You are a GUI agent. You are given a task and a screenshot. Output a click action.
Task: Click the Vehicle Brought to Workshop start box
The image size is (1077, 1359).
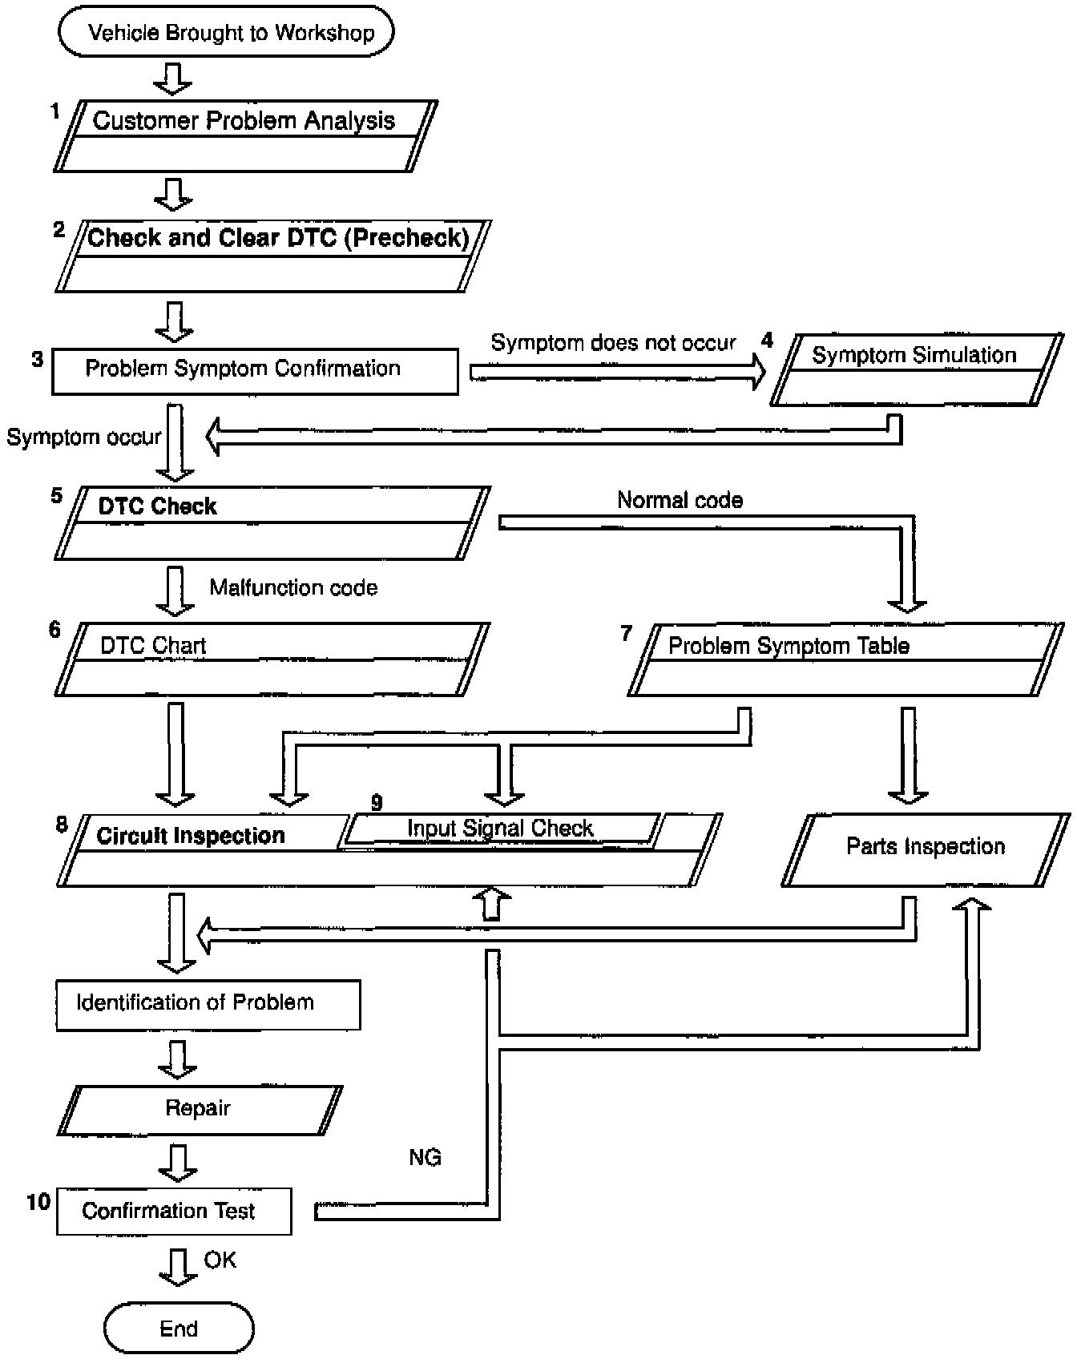click(x=227, y=33)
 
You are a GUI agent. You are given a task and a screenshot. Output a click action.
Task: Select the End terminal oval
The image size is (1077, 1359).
click(x=179, y=1329)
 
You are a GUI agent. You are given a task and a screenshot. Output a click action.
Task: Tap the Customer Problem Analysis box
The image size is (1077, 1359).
click(x=244, y=135)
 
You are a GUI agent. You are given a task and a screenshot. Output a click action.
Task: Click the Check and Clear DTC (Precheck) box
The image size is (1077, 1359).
click(x=272, y=256)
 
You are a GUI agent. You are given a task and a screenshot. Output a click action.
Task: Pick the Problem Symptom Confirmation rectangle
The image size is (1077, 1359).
click(x=255, y=370)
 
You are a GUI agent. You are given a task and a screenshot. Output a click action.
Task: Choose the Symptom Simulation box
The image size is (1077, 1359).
click(x=916, y=369)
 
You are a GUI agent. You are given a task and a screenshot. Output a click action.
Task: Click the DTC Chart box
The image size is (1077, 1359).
click(x=271, y=659)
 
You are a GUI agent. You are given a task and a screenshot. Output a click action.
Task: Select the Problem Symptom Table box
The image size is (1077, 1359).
click(x=845, y=659)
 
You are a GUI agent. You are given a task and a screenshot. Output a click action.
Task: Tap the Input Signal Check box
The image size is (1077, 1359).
click(x=500, y=829)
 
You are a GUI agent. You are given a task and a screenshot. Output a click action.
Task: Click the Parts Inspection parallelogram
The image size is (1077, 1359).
click(x=926, y=849)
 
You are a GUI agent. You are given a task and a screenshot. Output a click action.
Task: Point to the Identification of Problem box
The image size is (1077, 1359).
click(x=208, y=1004)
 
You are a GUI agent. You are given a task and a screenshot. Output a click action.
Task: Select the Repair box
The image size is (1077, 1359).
click(x=199, y=1110)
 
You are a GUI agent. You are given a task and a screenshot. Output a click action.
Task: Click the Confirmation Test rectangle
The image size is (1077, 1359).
click(x=173, y=1211)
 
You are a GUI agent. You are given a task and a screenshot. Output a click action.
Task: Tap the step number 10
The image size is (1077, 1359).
click(x=38, y=1201)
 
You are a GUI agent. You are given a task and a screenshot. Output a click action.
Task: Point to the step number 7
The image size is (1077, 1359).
click(x=627, y=633)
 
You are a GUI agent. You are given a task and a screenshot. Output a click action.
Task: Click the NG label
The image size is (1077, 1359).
click(x=425, y=1157)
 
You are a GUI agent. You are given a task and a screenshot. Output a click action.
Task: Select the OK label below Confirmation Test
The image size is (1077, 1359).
click(x=220, y=1260)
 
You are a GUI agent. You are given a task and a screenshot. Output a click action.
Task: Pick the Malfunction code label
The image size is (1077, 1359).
click(x=293, y=587)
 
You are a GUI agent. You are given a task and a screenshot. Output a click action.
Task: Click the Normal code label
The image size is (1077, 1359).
click(x=680, y=501)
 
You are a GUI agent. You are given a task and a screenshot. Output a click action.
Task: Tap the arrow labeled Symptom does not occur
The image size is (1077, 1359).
click(x=617, y=372)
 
